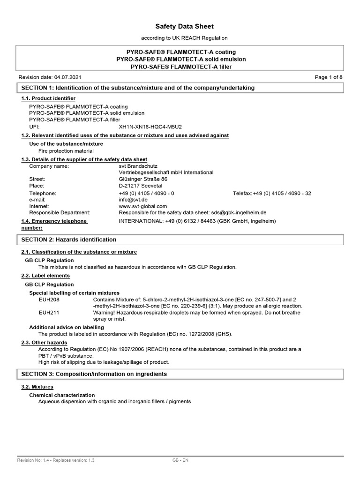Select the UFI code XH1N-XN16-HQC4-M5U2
coord(150,127)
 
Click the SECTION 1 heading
coord(138,88)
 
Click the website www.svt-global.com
coord(143,206)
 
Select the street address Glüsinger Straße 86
coord(143,179)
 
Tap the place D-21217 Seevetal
coord(140,186)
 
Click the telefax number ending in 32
coord(272,193)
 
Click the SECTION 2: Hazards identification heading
coord(69,240)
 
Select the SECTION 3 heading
coord(94,374)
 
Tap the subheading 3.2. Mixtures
coord(37,387)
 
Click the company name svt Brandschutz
coord(138,166)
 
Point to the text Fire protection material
coord(66,151)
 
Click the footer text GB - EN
coord(180,460)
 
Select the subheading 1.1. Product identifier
coord(48,98)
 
